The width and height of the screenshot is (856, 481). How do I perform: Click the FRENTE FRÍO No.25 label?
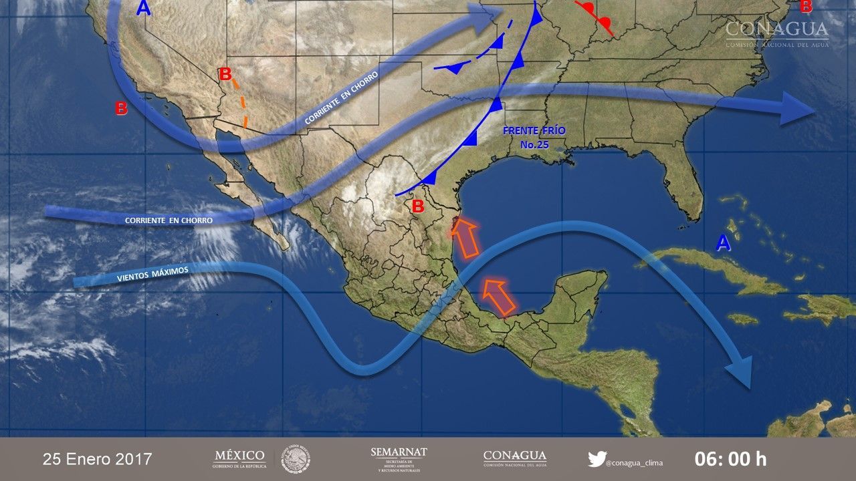click(534, 137)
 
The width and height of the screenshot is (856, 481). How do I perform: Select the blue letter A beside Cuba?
click(723, 244)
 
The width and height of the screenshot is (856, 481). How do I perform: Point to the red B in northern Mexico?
click(418, 206)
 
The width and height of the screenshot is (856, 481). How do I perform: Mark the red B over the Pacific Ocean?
click(121, 108)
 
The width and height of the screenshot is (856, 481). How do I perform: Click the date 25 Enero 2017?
click(98, 459)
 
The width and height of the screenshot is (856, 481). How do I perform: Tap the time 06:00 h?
click(730, 459)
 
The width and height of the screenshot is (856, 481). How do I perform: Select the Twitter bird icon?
click(597, 459)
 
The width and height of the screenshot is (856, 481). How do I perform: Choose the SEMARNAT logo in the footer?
click(399, 458)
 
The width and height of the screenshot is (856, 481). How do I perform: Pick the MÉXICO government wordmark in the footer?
click(239, 459)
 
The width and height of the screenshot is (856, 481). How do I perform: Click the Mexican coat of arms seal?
click(296, 459)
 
